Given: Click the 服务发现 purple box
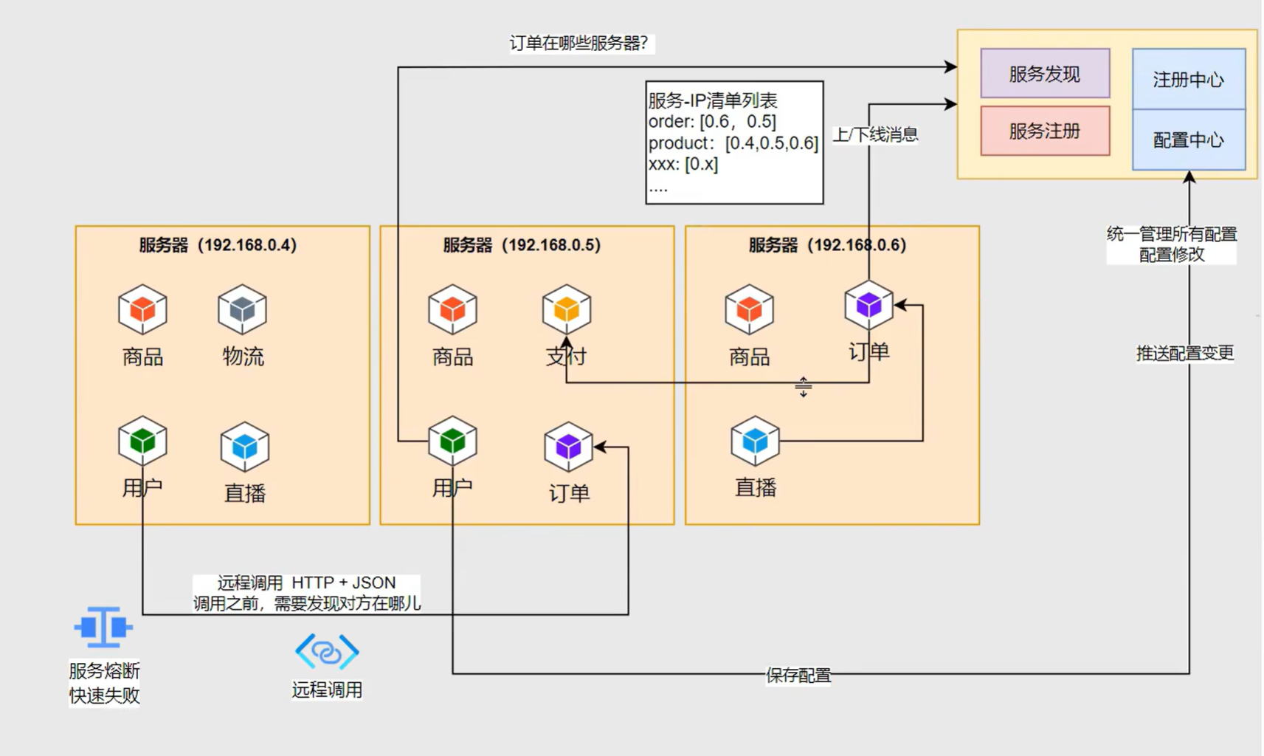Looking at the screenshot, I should pos(1044,74).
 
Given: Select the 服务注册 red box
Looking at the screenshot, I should pos(1044,131).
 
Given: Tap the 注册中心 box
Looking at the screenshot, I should pos(1188,80).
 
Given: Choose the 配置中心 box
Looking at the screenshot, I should pos(1188,140).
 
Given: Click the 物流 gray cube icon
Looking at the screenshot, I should pos(242,309).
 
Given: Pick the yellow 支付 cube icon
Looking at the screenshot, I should pos(567,309).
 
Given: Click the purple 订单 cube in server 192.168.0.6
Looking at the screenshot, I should pos(868,305).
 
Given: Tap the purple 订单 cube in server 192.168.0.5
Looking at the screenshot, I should pos(568,447).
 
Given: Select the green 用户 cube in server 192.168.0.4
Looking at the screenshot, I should pos(142,441).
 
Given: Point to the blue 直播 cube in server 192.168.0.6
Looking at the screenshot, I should pos(755,441).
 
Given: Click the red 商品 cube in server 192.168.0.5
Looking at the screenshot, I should pos(452,309).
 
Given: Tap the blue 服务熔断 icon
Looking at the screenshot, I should pos(103,628).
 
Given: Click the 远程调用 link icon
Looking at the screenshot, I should pos(327,651).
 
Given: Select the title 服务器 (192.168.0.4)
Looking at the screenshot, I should pos(218,245).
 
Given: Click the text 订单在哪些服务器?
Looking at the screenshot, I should pos(579,44).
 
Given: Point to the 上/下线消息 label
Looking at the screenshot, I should pos(875,134).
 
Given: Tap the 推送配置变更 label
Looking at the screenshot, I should pos(1184,353).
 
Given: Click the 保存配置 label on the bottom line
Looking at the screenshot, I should pos(798,675).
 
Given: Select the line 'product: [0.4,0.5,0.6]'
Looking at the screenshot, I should pos(733,143).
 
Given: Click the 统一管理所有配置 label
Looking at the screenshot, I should pos(1171,235).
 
